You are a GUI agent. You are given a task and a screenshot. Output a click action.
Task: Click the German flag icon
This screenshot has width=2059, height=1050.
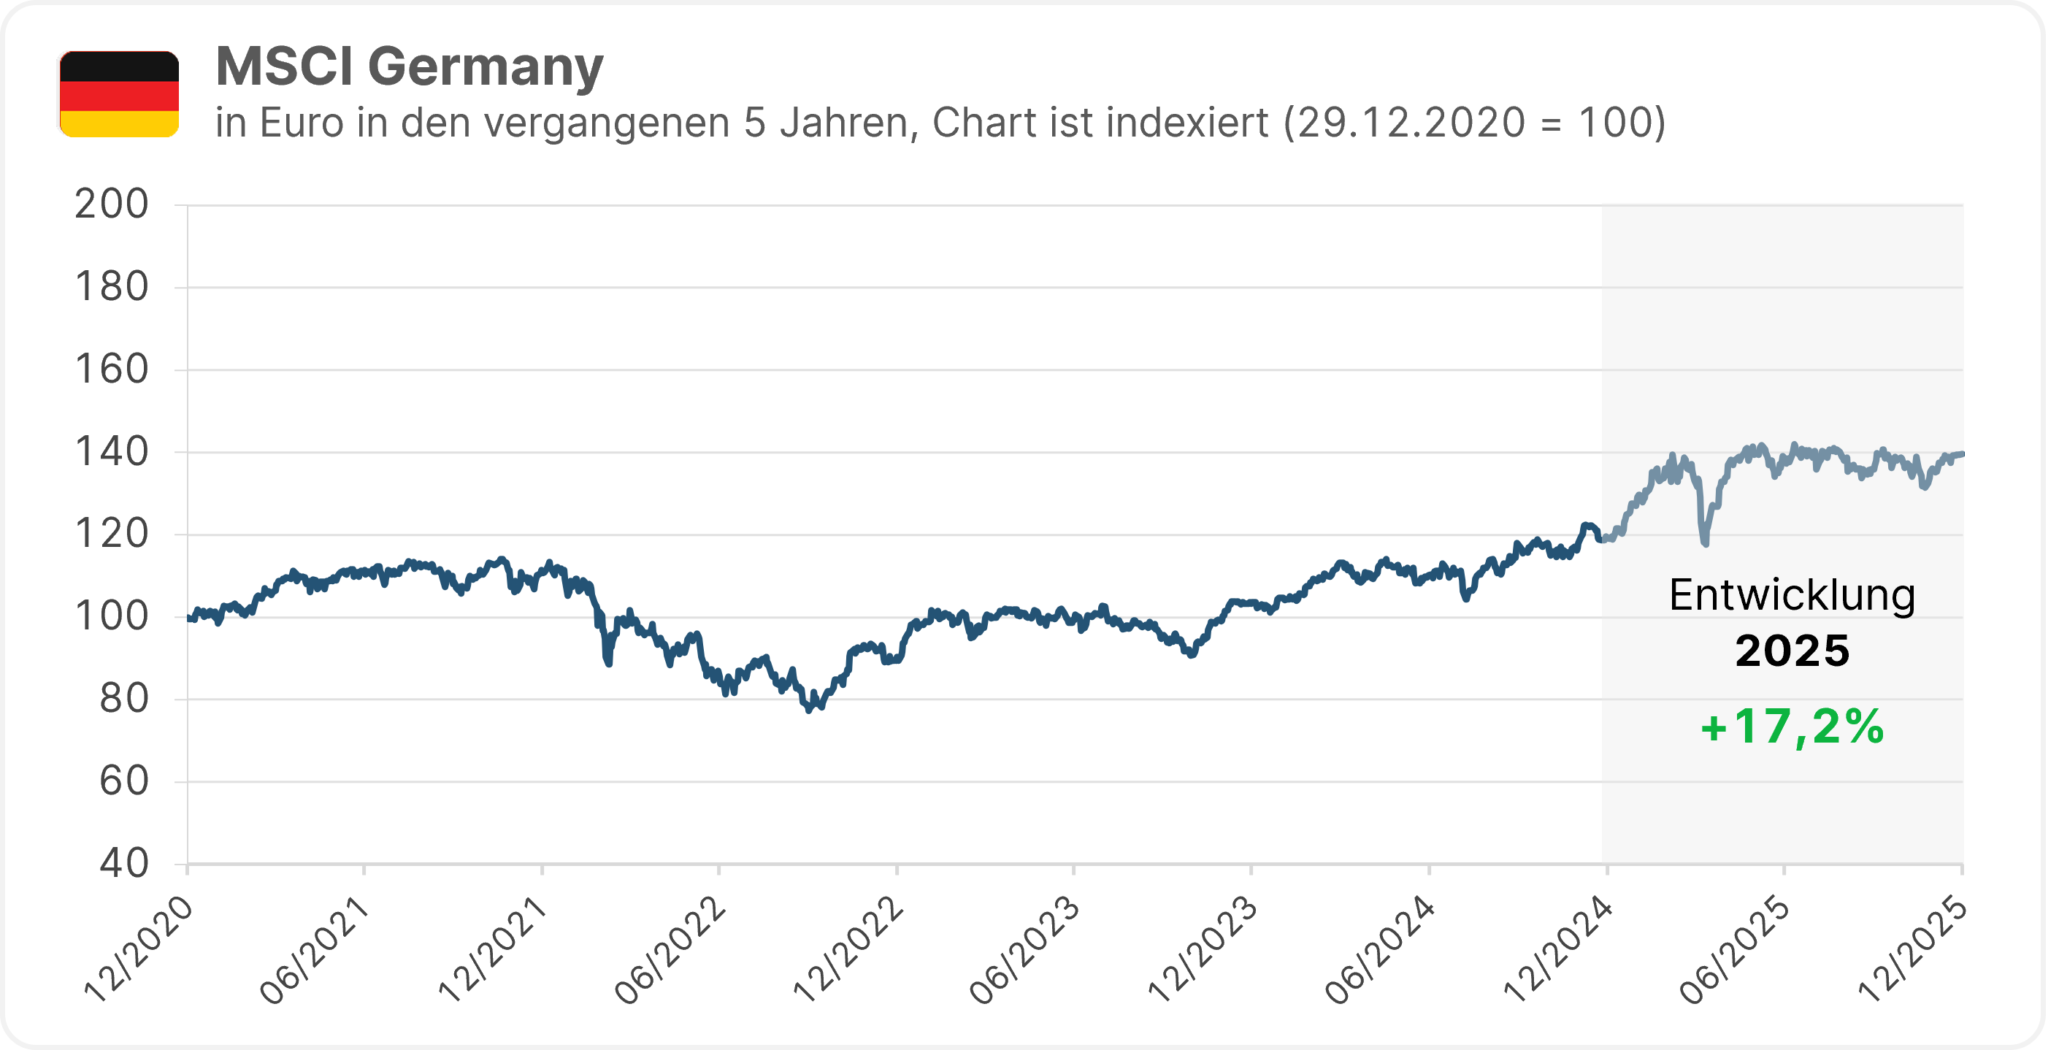tap(119, 93)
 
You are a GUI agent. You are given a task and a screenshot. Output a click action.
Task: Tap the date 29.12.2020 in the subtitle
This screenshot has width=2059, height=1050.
tap(1411, 123)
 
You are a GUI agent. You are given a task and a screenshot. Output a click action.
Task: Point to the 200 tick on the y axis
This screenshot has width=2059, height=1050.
tap(112, 204)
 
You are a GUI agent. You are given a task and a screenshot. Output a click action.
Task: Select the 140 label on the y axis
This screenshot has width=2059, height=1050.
tap(112, 452)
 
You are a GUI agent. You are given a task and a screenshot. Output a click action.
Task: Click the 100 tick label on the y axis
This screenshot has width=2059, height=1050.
tap(112, 617)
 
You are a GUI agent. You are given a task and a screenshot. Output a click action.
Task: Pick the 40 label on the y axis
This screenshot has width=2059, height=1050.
tap(124, 864)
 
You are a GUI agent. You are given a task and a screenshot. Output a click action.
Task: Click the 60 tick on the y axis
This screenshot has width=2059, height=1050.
tap(124, 781)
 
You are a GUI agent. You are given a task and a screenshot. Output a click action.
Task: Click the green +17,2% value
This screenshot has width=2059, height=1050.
tap(1792, 727)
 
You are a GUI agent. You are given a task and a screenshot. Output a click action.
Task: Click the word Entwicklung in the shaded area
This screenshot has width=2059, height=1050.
tap(1792, 595)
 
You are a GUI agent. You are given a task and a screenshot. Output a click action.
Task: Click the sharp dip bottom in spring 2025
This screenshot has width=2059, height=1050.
tap(1705, 544)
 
